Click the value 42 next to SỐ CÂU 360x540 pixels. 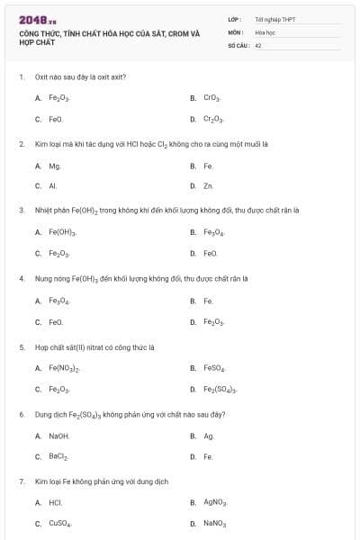click(258, 44)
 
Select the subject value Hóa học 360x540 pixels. click(265, 31)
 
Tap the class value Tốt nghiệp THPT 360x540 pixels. click(275, 19)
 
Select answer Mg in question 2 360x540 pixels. click(55, 166)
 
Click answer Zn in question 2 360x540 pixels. click(208, 186)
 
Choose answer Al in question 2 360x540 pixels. click(53, 186)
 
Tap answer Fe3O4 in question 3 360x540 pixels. click(214, 232)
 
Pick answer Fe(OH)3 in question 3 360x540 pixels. click(62, 232)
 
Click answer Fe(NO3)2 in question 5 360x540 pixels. click(65, 368)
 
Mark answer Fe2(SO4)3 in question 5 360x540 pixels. click(220, 390)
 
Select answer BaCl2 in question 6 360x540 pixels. click(58, 457)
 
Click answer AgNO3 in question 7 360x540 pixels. click(215, 503)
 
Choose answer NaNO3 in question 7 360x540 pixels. click(215, 524)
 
